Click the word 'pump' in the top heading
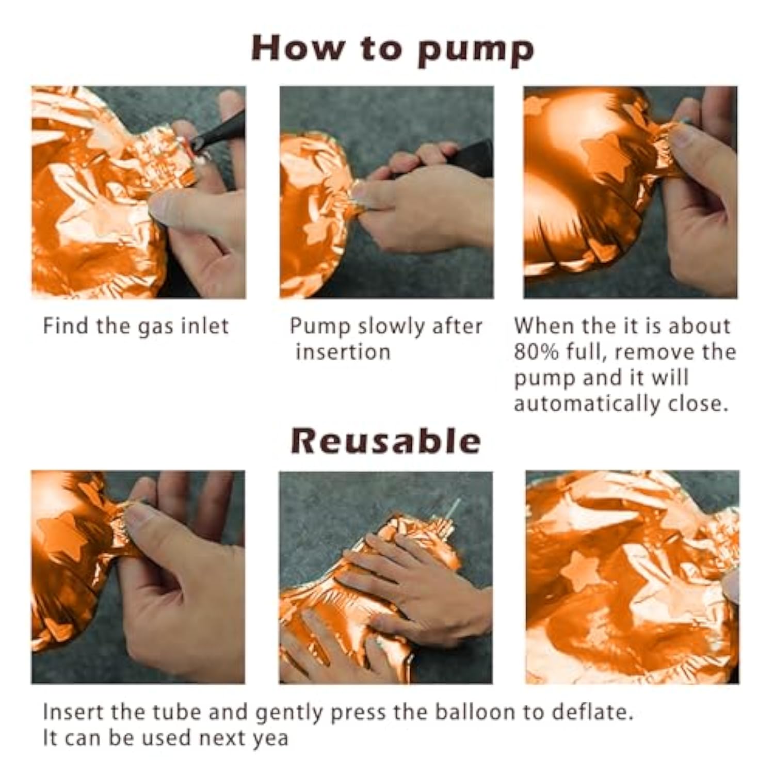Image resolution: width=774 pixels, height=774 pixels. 475,51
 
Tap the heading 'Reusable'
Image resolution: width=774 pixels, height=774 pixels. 386,441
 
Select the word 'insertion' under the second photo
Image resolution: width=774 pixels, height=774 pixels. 343,352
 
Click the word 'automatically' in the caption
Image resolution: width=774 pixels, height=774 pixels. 586,404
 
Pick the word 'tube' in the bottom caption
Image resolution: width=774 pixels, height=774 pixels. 176,712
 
